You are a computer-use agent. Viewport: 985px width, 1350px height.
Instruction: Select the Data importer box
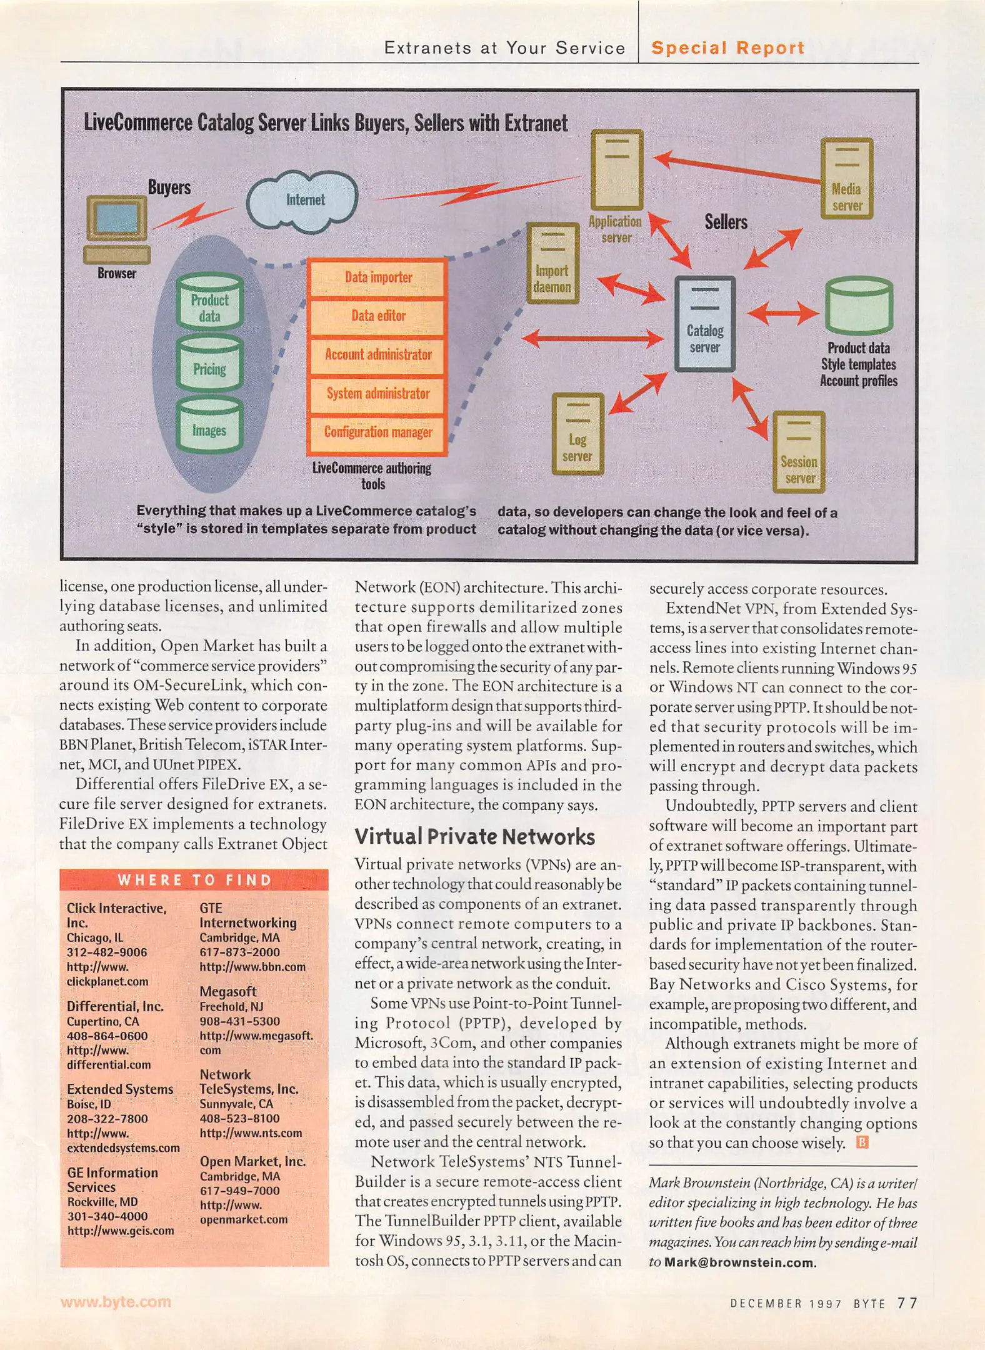click(377, 277)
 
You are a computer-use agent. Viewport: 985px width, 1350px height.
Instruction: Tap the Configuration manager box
click(377, 432)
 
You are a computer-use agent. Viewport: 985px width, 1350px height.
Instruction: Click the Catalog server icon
click(704, 324)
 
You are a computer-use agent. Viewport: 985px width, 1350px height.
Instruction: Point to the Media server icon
click(846, 179)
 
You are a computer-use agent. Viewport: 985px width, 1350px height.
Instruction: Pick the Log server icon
click(577, 433)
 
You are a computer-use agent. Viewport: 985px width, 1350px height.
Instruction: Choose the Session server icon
click(799, 452)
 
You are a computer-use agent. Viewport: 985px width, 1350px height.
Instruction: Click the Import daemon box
click(552, 263)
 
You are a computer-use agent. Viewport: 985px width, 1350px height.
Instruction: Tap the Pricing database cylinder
click(209, 364)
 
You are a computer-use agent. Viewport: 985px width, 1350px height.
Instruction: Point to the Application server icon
click(617, 169)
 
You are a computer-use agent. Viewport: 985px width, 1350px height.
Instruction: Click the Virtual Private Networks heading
click(474, 837)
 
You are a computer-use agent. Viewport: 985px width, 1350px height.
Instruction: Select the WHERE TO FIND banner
click(194, 880)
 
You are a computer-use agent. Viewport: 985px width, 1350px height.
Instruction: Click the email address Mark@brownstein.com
click(739, 1262)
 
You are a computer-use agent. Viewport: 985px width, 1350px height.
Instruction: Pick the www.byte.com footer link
click(116, 1302)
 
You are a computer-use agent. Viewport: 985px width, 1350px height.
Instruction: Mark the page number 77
click(907, 1303)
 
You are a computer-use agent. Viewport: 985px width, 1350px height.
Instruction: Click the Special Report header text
click(727, 48)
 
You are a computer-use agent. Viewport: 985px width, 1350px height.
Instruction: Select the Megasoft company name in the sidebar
click(228, 991)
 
